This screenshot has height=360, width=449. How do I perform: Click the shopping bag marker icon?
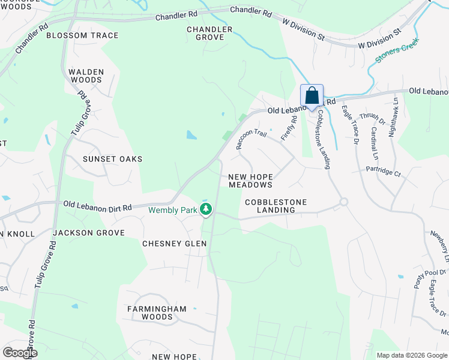[312, 96]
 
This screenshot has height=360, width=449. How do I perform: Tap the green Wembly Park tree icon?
[206, 209]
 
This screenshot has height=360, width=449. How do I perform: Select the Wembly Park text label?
[173, 210]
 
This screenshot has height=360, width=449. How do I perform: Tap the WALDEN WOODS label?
[86, 76]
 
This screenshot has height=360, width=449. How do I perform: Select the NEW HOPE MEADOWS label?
[250, 181]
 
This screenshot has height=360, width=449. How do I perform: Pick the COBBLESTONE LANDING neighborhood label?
[276, 206]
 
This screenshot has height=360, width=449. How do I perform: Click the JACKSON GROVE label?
[88, 232]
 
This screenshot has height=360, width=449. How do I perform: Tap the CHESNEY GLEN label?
[174, 244]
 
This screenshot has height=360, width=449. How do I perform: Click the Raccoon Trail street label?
[250, 139]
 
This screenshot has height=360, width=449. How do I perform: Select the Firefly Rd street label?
[292, 128]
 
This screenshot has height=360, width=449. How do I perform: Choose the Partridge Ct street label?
[384, 172]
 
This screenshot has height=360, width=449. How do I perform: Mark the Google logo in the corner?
[20, 353]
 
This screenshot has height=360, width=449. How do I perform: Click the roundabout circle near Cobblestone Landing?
[343, 202]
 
